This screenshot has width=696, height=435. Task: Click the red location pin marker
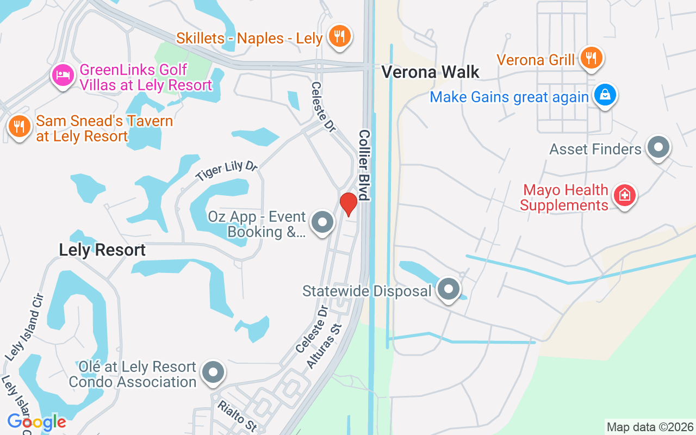click(348, 203)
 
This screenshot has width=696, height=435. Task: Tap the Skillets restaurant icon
click(340, 36)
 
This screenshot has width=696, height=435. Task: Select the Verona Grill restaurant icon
click(591, 58)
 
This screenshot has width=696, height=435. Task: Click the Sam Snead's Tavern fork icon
click(19, 127)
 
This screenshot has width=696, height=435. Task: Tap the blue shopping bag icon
click(604, 95)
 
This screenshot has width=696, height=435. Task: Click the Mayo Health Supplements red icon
click(624, 195)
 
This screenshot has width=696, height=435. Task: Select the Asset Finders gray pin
click(658, 147)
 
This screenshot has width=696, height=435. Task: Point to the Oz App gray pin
click(322, 222)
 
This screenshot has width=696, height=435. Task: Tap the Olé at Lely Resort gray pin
click(213, 372)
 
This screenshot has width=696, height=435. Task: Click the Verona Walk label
click(430, 72)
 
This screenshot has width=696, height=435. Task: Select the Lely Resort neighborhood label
click(102, 250)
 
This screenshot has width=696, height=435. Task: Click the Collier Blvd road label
click(364, 165)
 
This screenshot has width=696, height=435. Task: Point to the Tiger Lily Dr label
click(226, 171)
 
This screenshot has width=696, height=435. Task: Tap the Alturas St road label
click(324, 346)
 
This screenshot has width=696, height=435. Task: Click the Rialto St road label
click(237, 415)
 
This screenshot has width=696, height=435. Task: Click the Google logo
click(36, 421)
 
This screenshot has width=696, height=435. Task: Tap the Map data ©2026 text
click(650, 427)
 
